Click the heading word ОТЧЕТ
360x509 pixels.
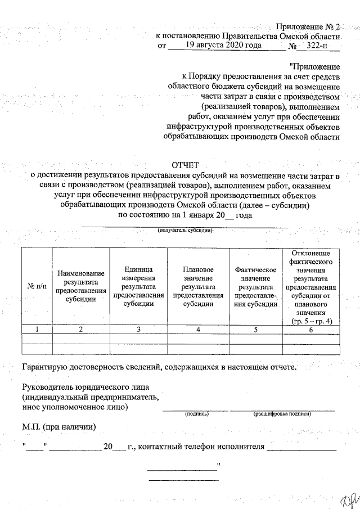pos(185,165)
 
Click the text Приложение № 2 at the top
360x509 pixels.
pos(308,28)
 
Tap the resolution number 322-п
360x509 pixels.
pos(317,47)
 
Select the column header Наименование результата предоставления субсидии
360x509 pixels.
pos(80,286)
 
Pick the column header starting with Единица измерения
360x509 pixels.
pos(138,286)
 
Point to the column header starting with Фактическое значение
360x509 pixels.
pos(256,286)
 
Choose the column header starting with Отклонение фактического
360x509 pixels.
pos(312,286)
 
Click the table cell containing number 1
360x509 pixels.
pos(37,330)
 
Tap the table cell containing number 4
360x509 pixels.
pos(198,330)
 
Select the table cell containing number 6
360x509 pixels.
pos(312,330)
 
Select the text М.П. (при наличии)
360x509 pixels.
pos(59,427)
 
